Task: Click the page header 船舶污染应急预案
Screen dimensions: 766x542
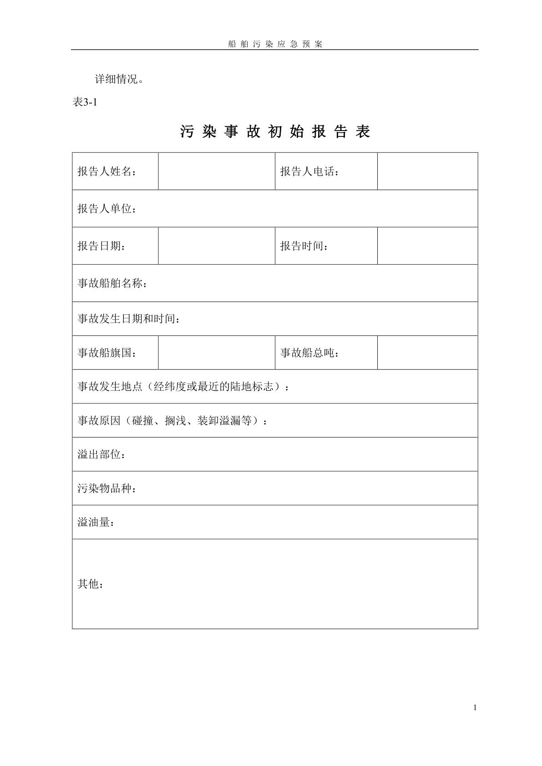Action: [x=275, y=44]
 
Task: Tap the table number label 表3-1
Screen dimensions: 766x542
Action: [x=85, y=102]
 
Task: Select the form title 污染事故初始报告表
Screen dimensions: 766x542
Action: [x=275, y=131]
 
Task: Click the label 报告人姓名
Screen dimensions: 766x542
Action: [x=107, y=171]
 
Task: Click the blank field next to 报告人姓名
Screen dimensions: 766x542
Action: [x=217, y=171]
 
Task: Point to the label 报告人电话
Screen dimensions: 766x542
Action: [x=309, y=171]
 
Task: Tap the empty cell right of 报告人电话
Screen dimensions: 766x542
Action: [x=427, y=171]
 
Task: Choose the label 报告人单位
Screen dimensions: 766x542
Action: [x=107, y=209]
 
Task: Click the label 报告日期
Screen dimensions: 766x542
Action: [x=101, y=246]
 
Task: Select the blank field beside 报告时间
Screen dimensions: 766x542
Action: [x=427, y=246]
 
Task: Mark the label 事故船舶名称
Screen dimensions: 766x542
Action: [x=112, y=283]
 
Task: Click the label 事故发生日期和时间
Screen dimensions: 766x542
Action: [x=129, y=319]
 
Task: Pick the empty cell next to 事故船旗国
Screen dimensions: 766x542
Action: [x=217, y=353]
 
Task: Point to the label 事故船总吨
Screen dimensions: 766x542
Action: [x=309, y=353]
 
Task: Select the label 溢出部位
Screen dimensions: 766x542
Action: [x=101, y=454]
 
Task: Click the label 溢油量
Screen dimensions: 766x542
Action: [x=96, y=522]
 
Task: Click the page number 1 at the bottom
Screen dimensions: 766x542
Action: [x=475, y=707]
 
